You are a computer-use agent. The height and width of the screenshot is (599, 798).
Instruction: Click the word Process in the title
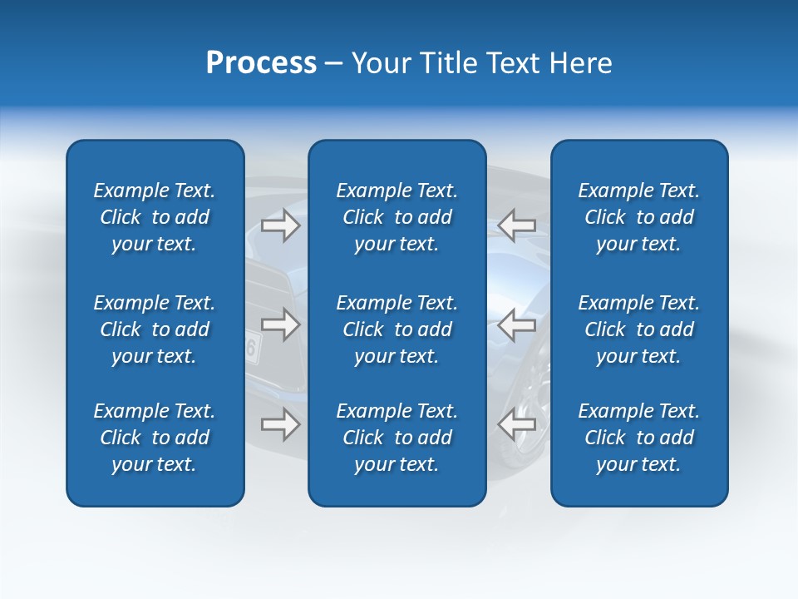click(261, 63)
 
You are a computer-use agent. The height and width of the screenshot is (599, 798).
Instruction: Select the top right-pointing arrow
click(281, 225)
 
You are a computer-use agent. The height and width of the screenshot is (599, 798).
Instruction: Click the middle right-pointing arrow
click(281, 324)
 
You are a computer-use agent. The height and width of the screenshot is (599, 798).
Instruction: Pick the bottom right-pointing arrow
click(281, 424)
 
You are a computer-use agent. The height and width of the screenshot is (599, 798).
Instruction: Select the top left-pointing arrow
click(516, 225)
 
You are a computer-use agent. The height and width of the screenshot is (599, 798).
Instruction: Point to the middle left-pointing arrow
click(516, 324)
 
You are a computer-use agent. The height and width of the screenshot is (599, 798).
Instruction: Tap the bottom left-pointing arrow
click(516, 424)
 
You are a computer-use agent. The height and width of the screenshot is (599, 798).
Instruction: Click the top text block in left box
click(155, 217)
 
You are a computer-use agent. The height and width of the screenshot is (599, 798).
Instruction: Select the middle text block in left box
click(155, 329)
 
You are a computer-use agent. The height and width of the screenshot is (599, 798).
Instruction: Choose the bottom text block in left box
click(155, 438)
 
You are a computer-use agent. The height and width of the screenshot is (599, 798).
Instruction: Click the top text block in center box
click(397, 217)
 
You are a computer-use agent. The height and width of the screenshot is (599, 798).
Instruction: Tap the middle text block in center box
click(397, 329)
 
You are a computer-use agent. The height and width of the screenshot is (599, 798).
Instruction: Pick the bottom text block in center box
click(397, 438)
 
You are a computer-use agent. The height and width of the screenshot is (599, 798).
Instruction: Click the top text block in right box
click(638, 217)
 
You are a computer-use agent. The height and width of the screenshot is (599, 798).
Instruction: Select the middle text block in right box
click(638, 329)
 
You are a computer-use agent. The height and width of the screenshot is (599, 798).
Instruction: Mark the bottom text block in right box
click(638, 438)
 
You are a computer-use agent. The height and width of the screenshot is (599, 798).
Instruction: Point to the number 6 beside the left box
click(250, 349)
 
